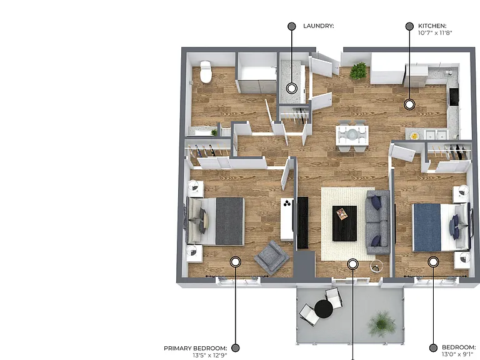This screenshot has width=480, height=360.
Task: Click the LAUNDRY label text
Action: click(318, 26)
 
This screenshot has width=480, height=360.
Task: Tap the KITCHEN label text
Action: click(432, 26)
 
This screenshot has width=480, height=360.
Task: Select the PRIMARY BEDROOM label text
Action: click(195, 348)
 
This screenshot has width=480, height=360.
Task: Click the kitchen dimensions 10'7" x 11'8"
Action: click(435, 32)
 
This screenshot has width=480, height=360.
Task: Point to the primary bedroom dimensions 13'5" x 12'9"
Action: click(210, 356)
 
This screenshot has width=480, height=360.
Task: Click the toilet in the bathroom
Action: click(206, 72)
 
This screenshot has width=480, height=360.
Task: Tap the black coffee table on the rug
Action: click(345, 223)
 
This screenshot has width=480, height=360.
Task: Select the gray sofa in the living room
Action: click(378, 222)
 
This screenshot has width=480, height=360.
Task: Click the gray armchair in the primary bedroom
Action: click(271, 257)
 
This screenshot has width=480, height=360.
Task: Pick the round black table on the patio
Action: click(324, 309)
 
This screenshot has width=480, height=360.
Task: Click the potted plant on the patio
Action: click(382, 324)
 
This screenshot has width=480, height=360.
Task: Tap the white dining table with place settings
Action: click(352, 135)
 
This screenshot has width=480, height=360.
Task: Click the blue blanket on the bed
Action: click(427, 227)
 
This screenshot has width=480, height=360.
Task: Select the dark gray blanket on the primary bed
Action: click(229, 221)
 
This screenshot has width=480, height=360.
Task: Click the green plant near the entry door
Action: click(358, 71)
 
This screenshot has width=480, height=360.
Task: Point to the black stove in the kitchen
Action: click(454, 97)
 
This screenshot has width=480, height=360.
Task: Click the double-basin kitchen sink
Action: click(436, 134)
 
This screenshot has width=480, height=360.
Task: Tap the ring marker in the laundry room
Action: click(292, 88)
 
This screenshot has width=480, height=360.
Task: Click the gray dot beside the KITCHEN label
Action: click(409, 26)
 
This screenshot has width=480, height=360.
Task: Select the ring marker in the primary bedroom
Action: click(236, 262)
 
